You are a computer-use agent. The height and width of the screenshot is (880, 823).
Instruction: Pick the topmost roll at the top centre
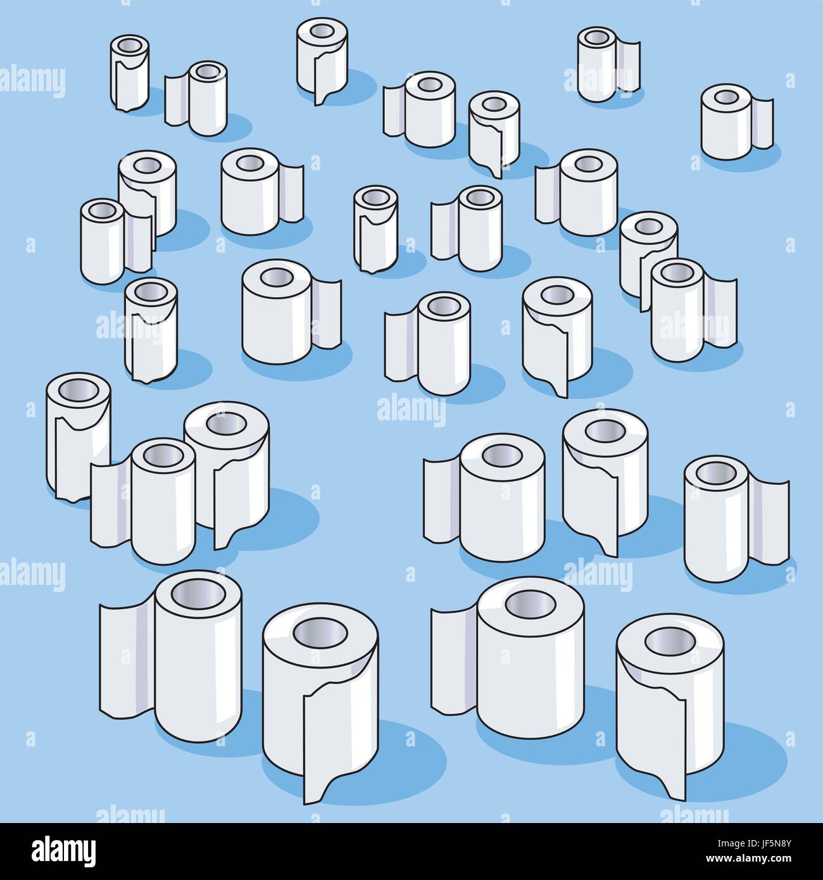click(x=322, y=57)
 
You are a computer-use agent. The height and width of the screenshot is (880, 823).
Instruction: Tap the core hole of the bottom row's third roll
click(x=530, y=605)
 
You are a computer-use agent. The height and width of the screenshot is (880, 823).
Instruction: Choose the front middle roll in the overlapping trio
click(x=163, y=500)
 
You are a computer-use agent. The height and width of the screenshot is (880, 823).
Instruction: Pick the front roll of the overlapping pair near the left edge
click(x=101, y=241)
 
